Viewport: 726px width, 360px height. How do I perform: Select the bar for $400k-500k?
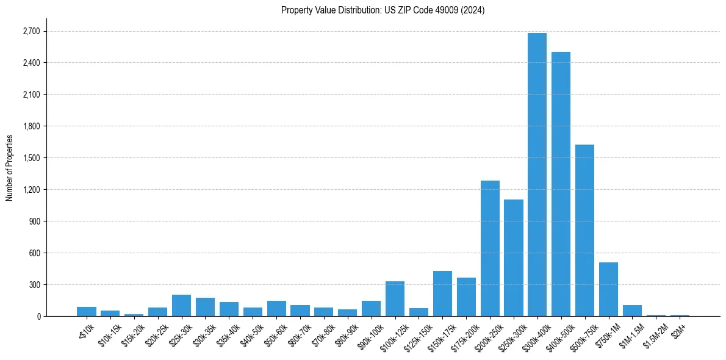[x=561, y=184]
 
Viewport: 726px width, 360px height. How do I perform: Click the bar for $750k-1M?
[x=608, y=289]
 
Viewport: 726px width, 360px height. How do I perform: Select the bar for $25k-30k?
[x=181, y=306]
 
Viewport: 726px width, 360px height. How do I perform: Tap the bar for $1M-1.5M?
[x=632, y=311]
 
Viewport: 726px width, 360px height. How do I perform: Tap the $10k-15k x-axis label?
[x=109, y=333]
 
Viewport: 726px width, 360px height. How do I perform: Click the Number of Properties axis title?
[x=9, y=168]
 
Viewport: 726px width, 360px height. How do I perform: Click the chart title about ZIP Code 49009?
[x=383, y=10]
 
